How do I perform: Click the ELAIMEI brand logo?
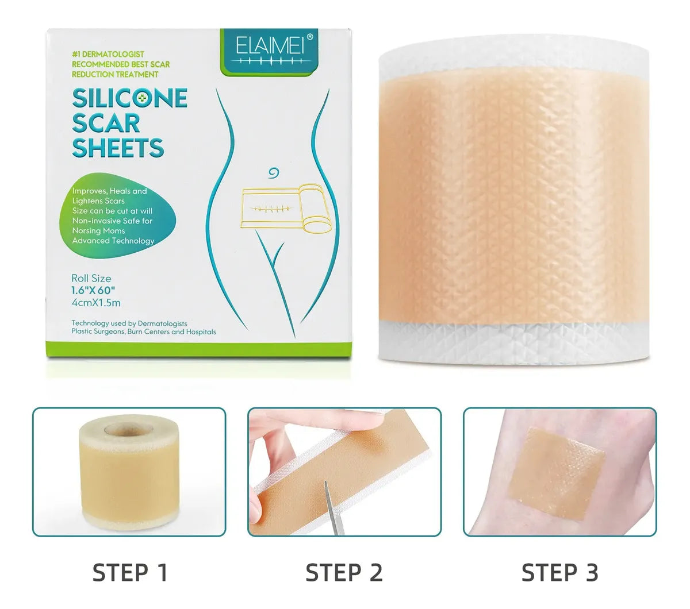coord(270,49)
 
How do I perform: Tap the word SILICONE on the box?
coord(130,98)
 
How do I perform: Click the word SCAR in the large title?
coord(106,123)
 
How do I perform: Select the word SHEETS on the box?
coord(118,148)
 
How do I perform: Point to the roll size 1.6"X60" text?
coord(93,290)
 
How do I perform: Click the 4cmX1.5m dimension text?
coord(95,303)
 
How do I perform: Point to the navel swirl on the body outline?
coord(274,173)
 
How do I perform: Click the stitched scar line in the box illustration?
coord(272,209)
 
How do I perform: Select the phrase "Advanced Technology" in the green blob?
coord(113,241)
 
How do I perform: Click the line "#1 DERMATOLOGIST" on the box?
coord(108,54)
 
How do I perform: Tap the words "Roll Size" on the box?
coord(91,279)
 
